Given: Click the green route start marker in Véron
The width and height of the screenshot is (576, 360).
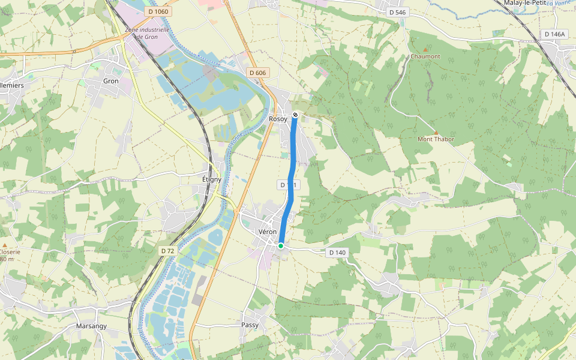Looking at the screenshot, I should point(280,245).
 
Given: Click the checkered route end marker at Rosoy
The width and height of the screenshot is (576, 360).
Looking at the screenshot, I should point(295,115).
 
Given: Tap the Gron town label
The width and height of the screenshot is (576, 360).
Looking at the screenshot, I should point(111,81).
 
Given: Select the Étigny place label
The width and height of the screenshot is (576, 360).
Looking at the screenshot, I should point(212,179).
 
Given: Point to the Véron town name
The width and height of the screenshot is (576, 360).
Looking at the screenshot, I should point(268,232).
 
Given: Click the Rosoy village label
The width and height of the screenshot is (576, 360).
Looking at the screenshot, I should point(278,119).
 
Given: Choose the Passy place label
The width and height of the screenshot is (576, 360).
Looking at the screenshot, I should point(250,325).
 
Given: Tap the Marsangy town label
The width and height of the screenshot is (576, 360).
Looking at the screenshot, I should point(91,326).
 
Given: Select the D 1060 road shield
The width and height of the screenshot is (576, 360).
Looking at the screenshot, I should point(159,11).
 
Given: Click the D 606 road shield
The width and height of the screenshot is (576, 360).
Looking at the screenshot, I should point(257,73).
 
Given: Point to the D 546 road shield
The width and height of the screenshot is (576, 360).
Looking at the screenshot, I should point(397,12).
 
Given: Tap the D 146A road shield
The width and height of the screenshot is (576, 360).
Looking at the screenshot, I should point(554,34).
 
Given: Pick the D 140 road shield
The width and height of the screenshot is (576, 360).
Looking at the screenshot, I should point(337,253).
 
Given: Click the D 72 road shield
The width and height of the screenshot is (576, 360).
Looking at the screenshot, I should point(168,250).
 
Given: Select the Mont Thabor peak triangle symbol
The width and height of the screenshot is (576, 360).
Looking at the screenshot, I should point(436,133).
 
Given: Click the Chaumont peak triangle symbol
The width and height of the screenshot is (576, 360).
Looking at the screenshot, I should point(425,49).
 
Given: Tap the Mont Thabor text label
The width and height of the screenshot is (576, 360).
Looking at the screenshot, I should point(436,139).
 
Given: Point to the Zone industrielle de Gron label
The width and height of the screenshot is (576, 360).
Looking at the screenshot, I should point(147,33).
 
